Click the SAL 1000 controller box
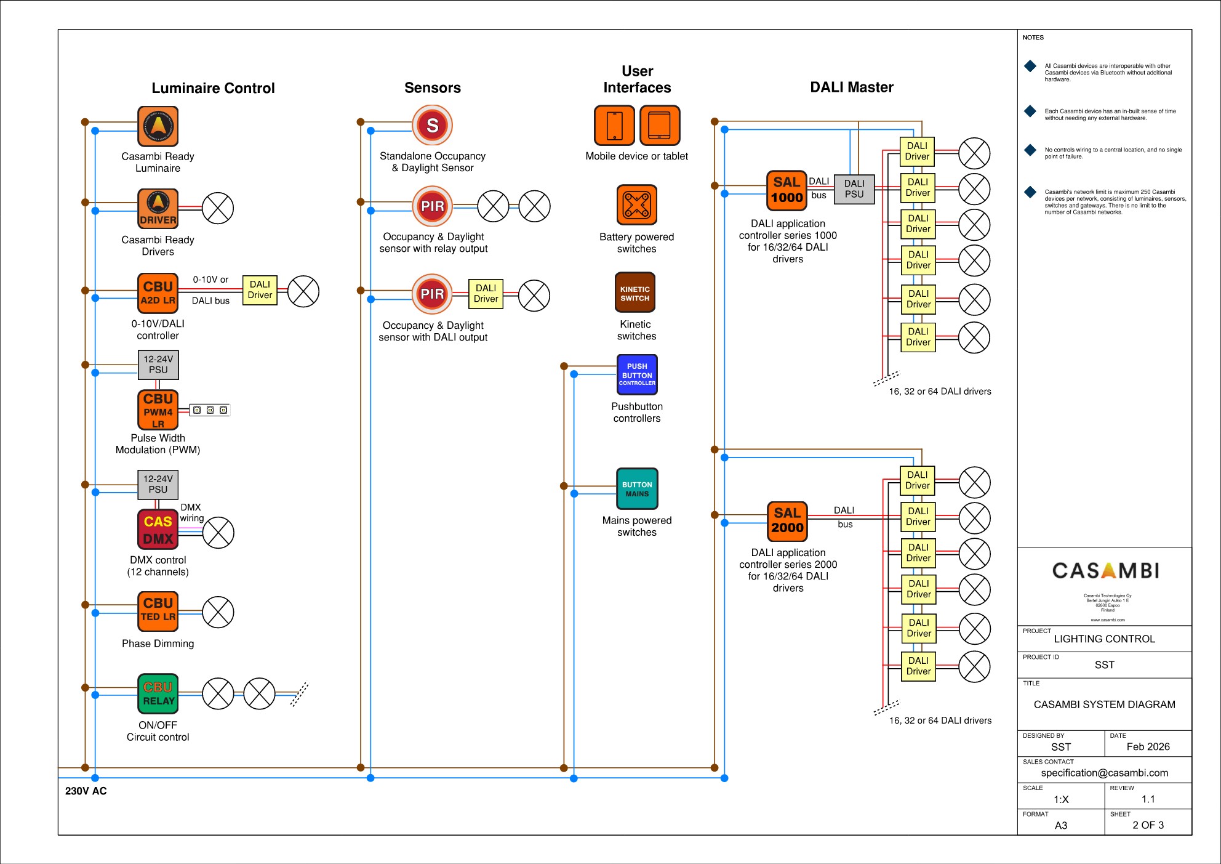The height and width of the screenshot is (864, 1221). (787, 190)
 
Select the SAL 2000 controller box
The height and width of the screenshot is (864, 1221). (787, 521)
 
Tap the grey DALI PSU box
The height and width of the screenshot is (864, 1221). (854, 189)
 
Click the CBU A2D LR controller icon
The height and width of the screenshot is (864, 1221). (158, 293)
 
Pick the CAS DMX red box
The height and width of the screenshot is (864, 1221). (158, 530)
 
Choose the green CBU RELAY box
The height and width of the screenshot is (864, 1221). (158, 693)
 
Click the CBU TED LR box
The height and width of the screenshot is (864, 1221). (158, 612)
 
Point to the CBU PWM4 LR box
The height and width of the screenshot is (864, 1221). (158, 410)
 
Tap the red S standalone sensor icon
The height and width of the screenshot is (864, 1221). (433, 125)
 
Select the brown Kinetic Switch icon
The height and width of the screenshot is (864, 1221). (635, 293)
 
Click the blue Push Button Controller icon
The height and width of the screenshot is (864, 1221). (637, 374)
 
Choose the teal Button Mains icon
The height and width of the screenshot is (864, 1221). (637, 489)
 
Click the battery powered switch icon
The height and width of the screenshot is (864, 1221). (637, 205)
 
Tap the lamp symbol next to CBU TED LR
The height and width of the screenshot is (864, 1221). (218, 612)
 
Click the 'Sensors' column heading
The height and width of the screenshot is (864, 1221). (433, 88)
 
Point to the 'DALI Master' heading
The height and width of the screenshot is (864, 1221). (852, 87)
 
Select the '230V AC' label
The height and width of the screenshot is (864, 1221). (86, 791)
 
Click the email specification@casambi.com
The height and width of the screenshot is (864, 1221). (1104, 773)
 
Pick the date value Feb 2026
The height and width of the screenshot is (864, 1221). (1148, 747)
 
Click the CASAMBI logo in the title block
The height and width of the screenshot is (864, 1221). (1105, 571)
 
